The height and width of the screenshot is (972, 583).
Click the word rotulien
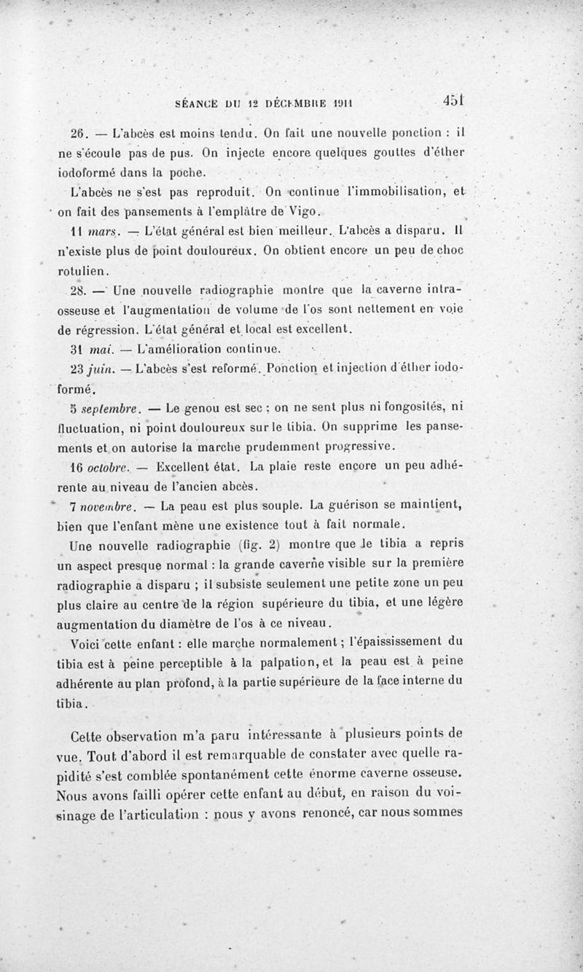pyautogui.click(x=82, y=270)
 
